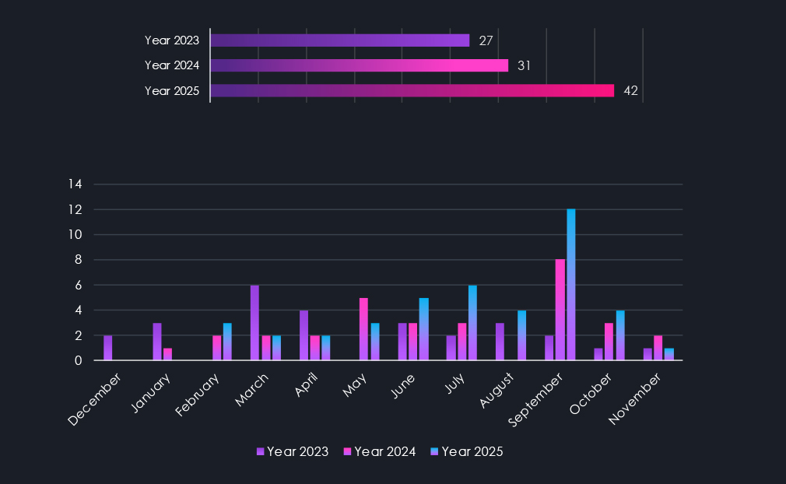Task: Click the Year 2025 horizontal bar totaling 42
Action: (412, 91)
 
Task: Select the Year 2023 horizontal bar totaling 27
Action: (339, 40)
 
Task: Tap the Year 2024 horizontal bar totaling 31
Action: (359, 65)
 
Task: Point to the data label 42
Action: (631, 91)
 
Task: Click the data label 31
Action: (525, 66)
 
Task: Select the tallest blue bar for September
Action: (571, 285)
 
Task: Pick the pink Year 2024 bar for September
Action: (560, 310)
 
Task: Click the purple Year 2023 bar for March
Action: (254, 323)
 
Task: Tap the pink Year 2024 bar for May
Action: (363, 329)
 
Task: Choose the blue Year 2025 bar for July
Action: (472, 323)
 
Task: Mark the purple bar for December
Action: (108, 348)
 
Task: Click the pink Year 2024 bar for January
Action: (167, 354)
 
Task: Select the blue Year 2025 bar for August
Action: (522, 335)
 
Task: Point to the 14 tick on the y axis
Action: (75, 184)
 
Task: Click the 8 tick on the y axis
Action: (78, 260)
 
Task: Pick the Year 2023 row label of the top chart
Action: (172, 40)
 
